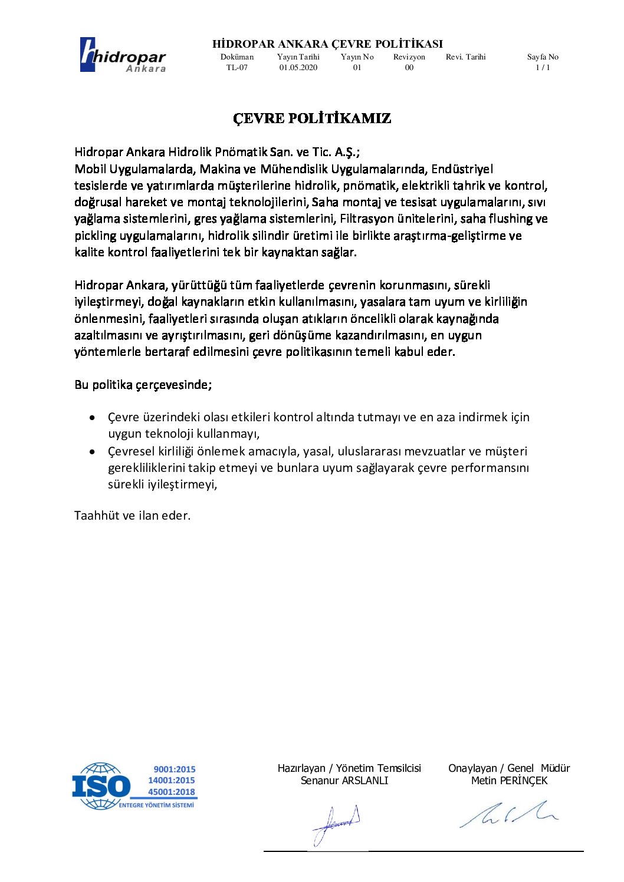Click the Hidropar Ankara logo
pyautogui.click(x=123, y=55)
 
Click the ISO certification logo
pyautogui.click(x=134, y=785)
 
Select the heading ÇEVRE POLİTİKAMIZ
pyautogui.click(x=312, y=118)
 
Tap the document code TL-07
pyautogui.click(x=237, y=68)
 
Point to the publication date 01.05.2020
pyautogui.click(x=298, y=68)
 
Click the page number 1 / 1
pyautogui.click(x=543, y=68)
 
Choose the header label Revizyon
pyautogui.click(x=409, y=57)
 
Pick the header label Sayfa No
pyautogui.click(x=543, y=57)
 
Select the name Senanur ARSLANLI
pyautogui.click(x=344, y=781)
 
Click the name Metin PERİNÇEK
pyautogui.click(x=509, y=781)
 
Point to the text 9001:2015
pyautogui.click(x=175, y=769)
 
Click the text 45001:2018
pyautogui.click(x=172, y=792)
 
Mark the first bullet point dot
pyautogui.click(x=92, y=418)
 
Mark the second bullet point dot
pyautogui.click(x=92, y=452)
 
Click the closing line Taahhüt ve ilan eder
pyautogui.click(x=133, y=516)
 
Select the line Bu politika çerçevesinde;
pyautogui.click(x=143, y=385)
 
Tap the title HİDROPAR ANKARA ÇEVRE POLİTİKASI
pyautogui.click(x=327, y=44)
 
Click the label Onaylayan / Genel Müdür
pyautogui.click(x=509, y=768)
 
